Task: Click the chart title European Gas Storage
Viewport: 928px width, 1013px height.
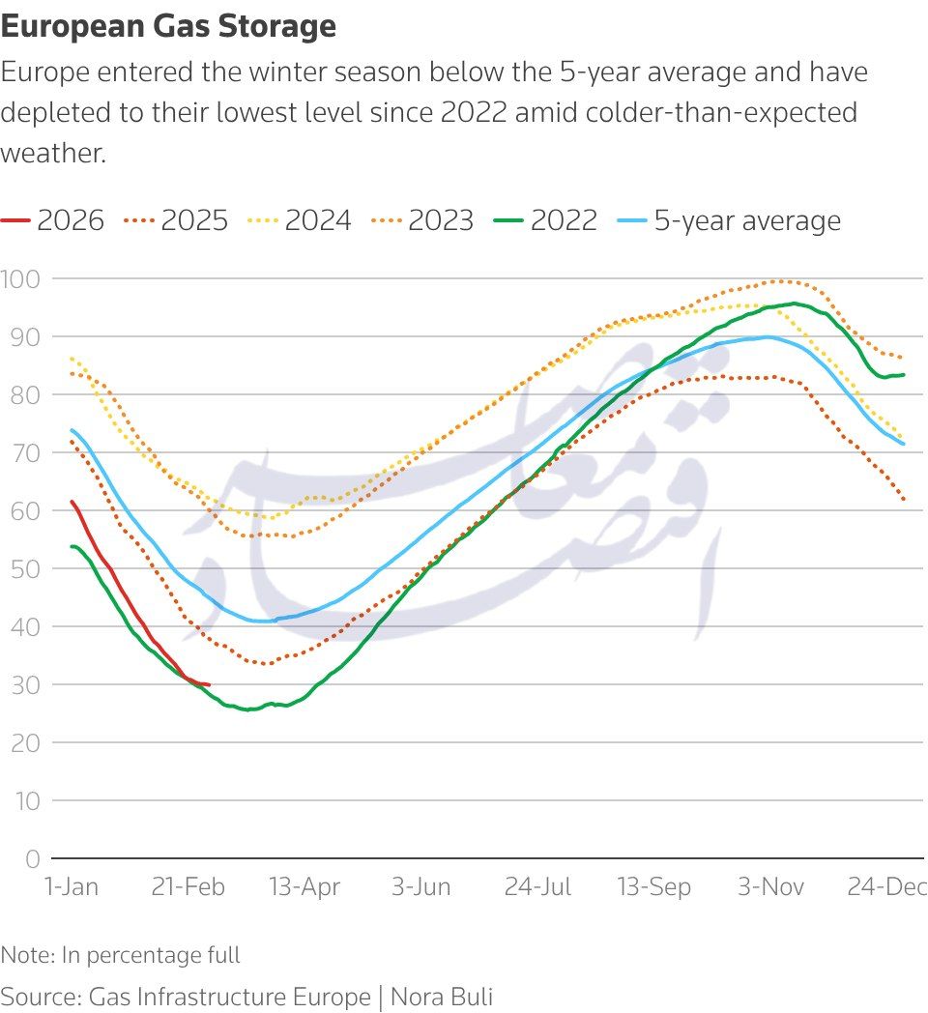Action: pyautogui.click(x=168, y=27)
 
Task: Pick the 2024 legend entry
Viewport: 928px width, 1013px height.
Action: pyautogui.click(x=318, y=221)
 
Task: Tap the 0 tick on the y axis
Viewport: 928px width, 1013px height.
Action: pyautogui.click(x=33, y=858)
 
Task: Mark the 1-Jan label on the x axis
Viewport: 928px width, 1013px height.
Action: pyautogui.click(x=72, y=887)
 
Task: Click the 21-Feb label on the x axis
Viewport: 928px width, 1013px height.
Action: pyautogui.click(x=188, y=887)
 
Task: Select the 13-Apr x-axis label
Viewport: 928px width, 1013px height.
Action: pyautogui.click(x=304, y=887)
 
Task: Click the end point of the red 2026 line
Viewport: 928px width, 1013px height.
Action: pyautogui.click(x=209, y=684)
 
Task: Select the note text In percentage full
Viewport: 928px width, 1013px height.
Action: pyautogui.click(x=151, y=956)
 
